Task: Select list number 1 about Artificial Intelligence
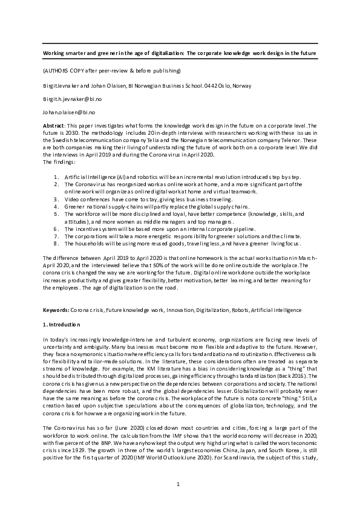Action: [55, 176]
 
